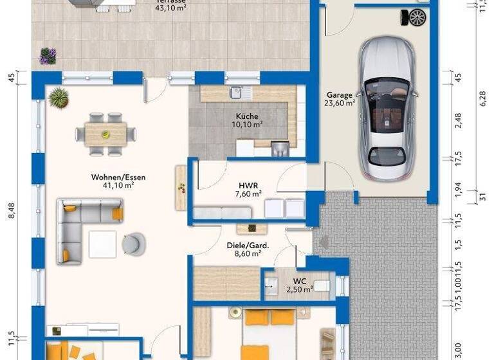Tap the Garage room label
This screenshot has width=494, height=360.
pos(339,94)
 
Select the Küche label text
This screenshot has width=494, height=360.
pos(247,116)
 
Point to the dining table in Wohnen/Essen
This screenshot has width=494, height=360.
pos(106,134)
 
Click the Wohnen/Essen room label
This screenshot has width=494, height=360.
pos(113,176)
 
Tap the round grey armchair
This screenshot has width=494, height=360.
pos(134,242)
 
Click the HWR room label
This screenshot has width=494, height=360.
pos(248,184)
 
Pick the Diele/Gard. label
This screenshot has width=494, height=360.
pos(248,245)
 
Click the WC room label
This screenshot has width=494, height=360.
pos(300,281)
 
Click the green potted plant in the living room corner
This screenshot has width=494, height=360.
pos(59,98)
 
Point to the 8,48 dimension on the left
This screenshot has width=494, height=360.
pos(11,211)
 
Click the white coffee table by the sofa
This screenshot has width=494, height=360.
pos(103,244)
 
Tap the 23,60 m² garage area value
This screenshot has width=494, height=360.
pos(340,103)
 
